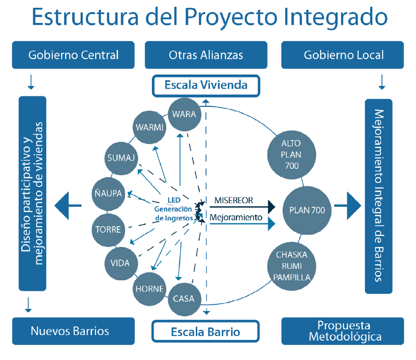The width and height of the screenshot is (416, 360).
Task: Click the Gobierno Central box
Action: coord(73,55)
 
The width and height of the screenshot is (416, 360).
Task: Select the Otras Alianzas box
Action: coord(206,55)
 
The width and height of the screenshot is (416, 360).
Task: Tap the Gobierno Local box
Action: coord(343,55)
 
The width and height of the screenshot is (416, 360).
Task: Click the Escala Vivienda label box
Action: coord(206,85)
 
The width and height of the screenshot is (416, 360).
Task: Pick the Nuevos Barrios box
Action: coord(69,331)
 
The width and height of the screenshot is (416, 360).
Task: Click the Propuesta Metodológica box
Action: coord(343,331)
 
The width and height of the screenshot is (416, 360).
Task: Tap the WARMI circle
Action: coord(149,127)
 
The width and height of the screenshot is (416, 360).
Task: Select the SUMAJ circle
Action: coord(121,157)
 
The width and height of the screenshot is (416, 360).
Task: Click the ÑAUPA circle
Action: coord(108,193)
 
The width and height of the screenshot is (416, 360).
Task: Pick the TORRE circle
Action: coord(108,229)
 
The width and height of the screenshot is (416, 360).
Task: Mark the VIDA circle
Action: coord(120,263)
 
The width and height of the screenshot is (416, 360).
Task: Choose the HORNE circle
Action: coord(149,289)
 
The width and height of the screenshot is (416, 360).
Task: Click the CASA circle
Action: coord(183,299)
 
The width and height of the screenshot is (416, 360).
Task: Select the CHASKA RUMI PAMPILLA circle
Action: coord(292,266)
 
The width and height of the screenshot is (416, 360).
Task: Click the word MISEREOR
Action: coord(234,200)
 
